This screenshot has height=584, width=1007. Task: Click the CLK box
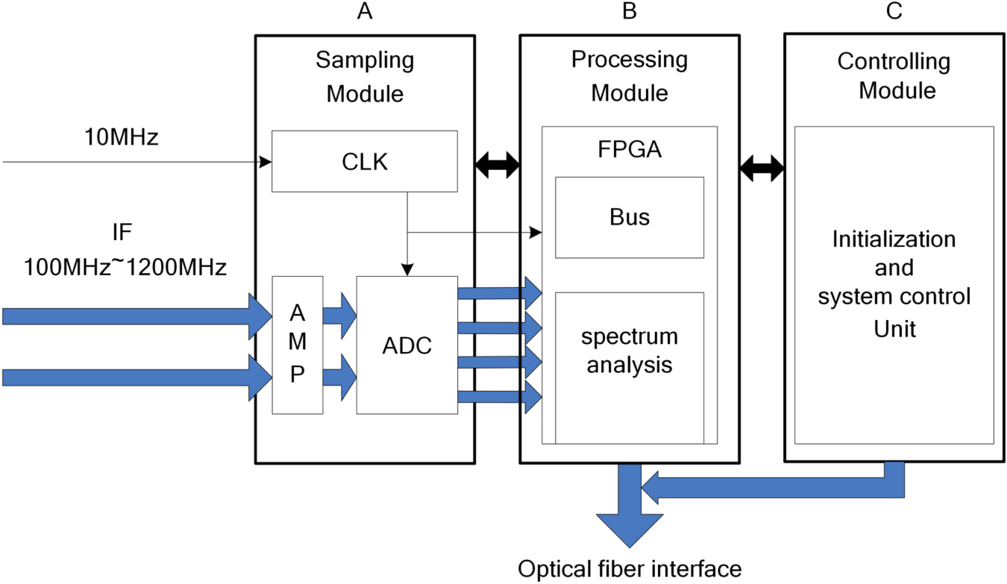[364, 161]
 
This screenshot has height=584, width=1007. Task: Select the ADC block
[407, 345]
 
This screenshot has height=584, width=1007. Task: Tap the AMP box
[298, 345]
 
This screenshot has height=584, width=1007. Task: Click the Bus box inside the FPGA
[629, 217]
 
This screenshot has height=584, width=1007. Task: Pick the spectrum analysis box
[630, 351]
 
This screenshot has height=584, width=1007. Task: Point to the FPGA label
[629, 150]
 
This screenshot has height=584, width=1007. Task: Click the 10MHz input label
[121, 137]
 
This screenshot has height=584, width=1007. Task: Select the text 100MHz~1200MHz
[125, 266]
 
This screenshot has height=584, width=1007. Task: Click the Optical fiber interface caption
[630, 569]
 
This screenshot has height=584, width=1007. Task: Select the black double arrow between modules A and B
[498, 166]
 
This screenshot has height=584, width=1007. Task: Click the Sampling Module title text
[365, 77]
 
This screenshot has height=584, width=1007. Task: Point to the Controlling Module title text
[894, 75]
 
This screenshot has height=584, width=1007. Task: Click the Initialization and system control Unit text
[894, 283]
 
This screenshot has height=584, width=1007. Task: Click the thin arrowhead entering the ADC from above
[407, 269]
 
